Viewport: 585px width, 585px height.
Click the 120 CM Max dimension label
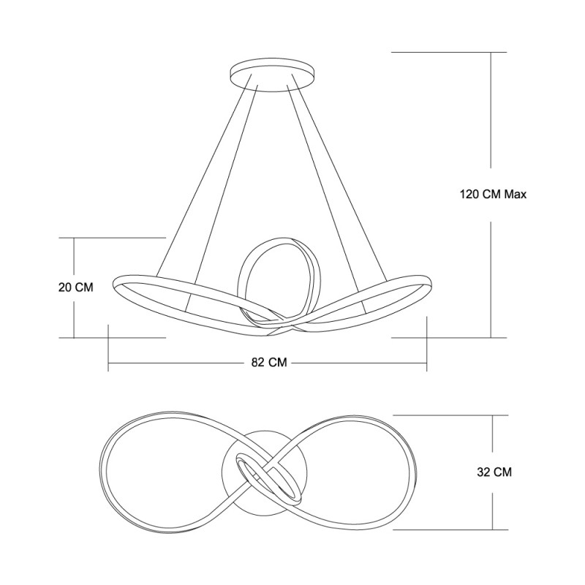[493, 195]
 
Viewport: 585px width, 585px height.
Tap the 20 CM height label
[76, 287]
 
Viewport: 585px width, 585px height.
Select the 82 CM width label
[269, 362]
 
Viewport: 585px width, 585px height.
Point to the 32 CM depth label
[494, 472]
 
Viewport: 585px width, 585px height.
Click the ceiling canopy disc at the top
[272, 74]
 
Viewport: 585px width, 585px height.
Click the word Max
[516, 195]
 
